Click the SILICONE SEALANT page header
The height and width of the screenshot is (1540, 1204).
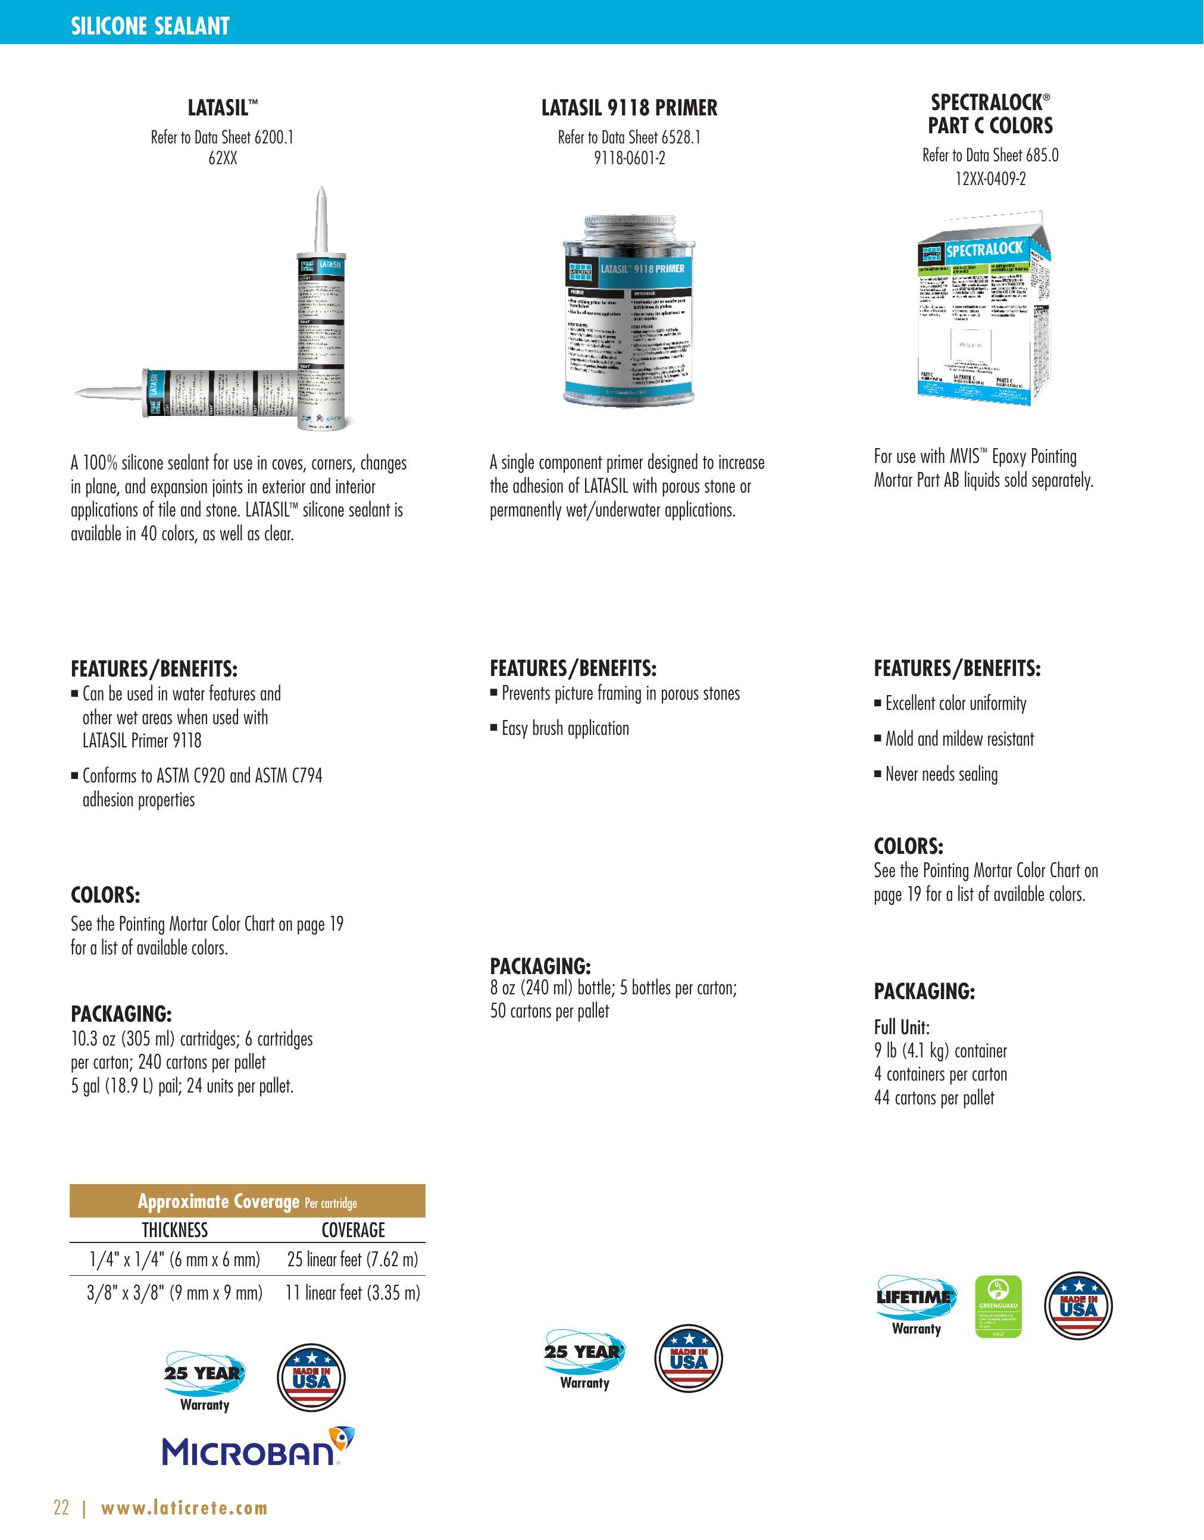click(150, 26)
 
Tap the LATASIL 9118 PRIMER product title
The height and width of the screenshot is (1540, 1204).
click(628, 108)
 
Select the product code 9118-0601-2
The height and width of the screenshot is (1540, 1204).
click(628, 158)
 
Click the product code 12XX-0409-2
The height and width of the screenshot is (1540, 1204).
click(990, 179)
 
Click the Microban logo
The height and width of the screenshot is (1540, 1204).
click(258, 1447)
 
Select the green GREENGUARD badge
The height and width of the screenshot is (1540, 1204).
click(997, 1306)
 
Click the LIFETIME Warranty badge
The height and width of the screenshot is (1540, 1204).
click(916, 1304)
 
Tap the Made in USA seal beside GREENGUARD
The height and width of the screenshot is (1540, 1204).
click(1078, 1306)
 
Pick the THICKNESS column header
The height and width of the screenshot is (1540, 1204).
click(174, 1230)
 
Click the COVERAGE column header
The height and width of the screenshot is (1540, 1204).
click(353, 1230)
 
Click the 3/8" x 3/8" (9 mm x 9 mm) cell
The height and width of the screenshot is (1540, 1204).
click(174, 1292)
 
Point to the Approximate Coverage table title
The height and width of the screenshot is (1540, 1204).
click(247, 1201)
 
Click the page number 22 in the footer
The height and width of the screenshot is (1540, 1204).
click(61, 1507)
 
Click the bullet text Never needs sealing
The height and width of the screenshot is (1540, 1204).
click(941, 774)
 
